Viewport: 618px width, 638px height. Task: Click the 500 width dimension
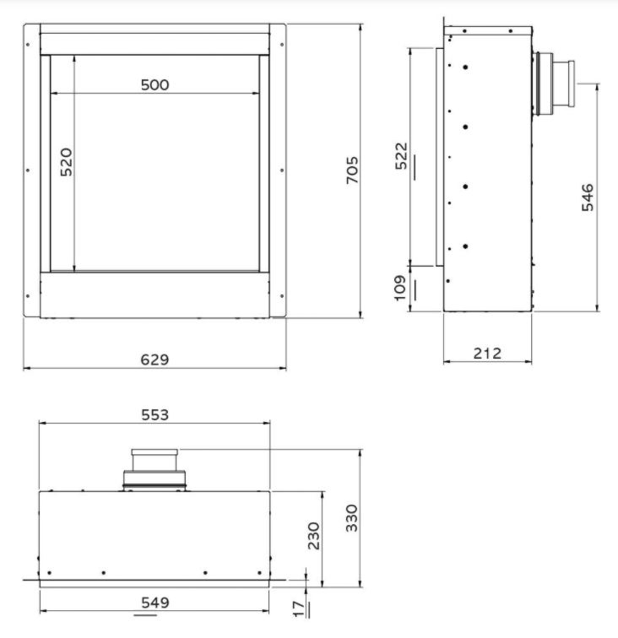pyautogui.click(x=155, y=84)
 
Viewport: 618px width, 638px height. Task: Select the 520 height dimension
pyautogui.click(x=66, y=162)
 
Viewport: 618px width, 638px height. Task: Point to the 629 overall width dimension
pyautogui.click(x=154, y=360)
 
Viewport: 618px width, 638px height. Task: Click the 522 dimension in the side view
pyautogui.click(x=401, y=156)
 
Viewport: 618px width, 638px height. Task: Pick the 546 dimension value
pyautogui.click(x=588, y=197)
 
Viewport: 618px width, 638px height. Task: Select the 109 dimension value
pyautogui.click(x=401, y=287)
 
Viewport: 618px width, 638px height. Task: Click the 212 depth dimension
pyautogui.click(x=487, y=353)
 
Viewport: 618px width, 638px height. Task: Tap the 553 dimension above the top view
pyautogui.click(x=155, y=414)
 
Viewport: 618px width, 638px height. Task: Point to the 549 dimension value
pyautogui.click(x=155, y=603)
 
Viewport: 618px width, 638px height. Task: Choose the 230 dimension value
pyautogui.click(x=313, y=535)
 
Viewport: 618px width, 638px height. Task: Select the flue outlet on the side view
pyautogui.click(x=554, y=84)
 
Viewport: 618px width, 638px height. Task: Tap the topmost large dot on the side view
pyautogui.click(x=465, y=67)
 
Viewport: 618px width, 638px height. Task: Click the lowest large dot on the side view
pyautogui.click(x=465, y=246)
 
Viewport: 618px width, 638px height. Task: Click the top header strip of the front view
pyautogui.click(x=154, y=44)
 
